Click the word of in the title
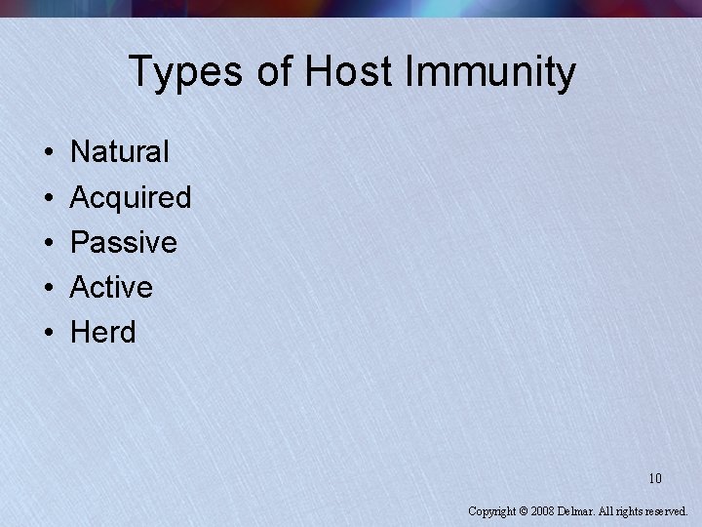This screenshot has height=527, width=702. pos(276,72)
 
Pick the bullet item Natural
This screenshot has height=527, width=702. pos(120,152)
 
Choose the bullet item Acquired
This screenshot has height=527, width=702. pos(131,197)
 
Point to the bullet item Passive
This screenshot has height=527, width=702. pos(124,242)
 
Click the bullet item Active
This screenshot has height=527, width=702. pos(111,287)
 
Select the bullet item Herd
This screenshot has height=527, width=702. pos(102,332)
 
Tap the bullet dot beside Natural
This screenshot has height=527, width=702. pos(48,153)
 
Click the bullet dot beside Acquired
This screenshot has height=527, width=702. pos(48,198)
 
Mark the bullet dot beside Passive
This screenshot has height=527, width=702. pos(48,243)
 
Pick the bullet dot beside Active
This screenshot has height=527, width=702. pos(48,288)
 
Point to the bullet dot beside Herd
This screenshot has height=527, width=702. pos(48,333)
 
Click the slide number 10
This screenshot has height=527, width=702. pos(654,478)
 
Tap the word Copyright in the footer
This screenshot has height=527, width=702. pos(491,510)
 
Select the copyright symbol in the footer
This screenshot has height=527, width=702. pos(523,510)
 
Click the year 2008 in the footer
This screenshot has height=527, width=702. pos(542,510)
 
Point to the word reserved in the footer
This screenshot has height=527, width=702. pos(666,510)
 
